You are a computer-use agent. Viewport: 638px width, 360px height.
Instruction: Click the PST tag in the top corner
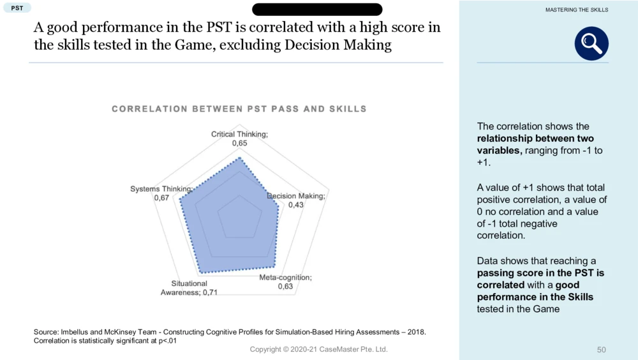[17, 8]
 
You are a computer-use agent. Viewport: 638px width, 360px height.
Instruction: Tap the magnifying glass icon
[591, 43]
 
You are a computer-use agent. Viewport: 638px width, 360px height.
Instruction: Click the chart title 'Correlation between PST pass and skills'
[239, 109]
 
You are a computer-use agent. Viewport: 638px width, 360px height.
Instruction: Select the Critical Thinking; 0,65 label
[239, 139]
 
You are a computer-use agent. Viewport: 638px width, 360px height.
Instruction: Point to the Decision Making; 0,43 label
[296, 200]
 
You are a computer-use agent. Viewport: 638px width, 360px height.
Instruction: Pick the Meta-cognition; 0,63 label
[285, 282]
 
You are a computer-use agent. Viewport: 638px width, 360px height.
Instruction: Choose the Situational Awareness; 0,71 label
[189, 288]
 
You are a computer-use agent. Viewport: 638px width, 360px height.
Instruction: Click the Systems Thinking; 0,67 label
[161, 193]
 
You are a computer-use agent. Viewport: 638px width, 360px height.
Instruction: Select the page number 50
[601, 350]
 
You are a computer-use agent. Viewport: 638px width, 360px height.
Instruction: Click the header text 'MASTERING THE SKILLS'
[577, 10]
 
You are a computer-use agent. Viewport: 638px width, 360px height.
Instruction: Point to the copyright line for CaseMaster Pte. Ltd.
[318, 349]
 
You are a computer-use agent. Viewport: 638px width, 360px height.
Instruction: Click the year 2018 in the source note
[416, 332]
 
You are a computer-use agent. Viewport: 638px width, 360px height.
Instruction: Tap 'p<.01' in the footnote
[165, 341]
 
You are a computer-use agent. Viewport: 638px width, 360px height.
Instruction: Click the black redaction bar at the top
[317, 10]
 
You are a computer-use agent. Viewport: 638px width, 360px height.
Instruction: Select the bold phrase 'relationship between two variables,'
[535, 144]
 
